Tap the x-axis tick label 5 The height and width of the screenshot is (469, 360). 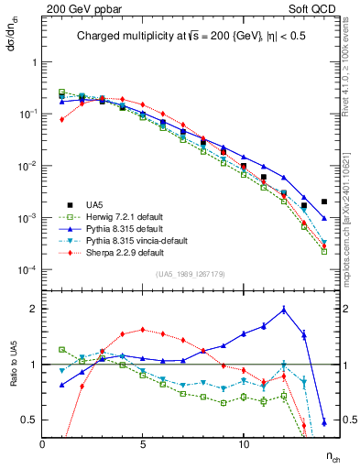[x=143, y=444]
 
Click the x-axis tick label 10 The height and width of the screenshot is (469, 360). [x=244, y=444]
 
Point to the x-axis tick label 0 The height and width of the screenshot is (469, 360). [x=42, y=444]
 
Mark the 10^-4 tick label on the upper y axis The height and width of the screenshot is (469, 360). [x=27, y=270]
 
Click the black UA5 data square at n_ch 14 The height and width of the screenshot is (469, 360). [x=324, y=202]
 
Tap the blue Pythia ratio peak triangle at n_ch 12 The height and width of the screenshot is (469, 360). [x=284, y=310]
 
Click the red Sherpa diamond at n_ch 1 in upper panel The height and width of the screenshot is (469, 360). [x=62, y=119]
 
